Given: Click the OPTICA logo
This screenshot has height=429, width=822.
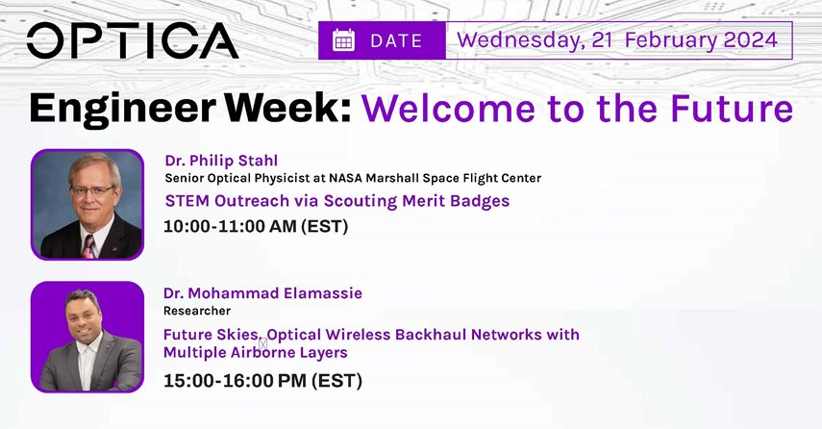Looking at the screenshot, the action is pos(133,40).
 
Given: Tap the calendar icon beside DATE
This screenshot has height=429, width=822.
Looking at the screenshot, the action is pos(343,40).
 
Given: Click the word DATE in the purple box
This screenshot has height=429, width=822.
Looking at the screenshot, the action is pos(396,41).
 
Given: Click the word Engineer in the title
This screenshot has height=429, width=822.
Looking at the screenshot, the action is pos(122,109).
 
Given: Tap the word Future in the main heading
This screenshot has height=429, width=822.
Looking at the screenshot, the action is pos(732,108).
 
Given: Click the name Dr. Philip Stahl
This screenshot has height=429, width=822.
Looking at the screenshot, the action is pos(221,161).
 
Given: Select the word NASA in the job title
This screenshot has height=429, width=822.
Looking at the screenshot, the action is pos(346,178).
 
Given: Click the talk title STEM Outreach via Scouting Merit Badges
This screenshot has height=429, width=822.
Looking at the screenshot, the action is pos(337,201).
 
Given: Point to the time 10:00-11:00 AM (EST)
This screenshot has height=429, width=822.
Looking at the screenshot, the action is pos(256,226).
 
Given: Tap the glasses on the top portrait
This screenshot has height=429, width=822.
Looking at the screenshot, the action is pos(93,190).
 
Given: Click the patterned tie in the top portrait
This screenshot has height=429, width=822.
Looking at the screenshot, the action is pos(88,247).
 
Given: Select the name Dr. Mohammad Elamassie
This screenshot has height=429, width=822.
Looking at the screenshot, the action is pos(262,292).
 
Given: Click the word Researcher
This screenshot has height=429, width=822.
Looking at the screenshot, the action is pos(197,311).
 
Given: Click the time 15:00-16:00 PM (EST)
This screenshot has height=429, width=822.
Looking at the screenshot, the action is pos(262,381).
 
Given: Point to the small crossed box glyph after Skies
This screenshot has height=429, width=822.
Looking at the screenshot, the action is pos(263,344).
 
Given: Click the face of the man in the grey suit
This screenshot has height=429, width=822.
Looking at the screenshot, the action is pos(84,316).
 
